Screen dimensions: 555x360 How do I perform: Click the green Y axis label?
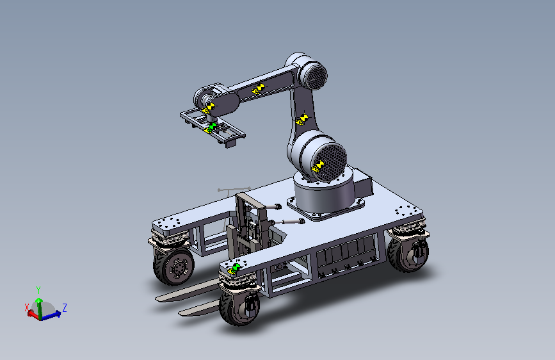[38, 290]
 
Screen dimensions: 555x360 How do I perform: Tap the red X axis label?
[26, 307]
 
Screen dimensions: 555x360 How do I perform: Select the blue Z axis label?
[65, 307]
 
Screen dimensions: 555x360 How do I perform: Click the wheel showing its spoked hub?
[173, 267]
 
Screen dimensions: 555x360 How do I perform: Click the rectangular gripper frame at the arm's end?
[213, 127]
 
